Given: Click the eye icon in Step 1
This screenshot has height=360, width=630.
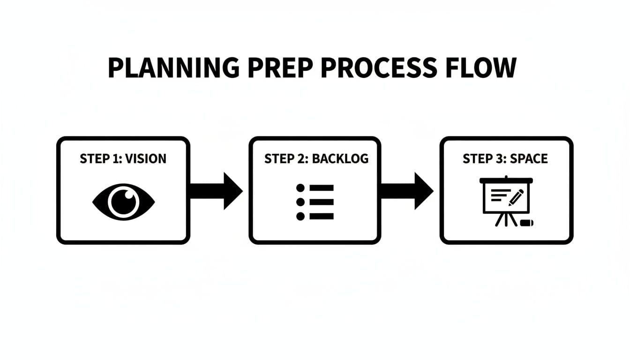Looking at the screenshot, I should coord(123,202).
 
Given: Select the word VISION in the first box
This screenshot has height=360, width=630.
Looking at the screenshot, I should coord(145,158).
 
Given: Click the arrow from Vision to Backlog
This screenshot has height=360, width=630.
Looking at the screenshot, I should coord(216,191).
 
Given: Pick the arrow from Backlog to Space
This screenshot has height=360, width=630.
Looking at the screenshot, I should coord(406,191).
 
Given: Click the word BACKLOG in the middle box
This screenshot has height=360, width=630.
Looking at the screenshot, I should coord(340,158).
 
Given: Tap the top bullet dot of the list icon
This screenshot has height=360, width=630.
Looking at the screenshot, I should coord(300,188).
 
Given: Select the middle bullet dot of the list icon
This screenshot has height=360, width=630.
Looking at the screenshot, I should coord(300,202).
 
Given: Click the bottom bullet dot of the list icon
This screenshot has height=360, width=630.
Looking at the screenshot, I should coord(300,216).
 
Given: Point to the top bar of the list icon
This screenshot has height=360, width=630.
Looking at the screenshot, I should coord(322,188).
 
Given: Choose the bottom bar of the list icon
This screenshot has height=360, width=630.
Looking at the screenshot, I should coord(322,216).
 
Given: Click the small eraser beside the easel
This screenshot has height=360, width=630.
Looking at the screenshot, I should coord(526,223).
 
